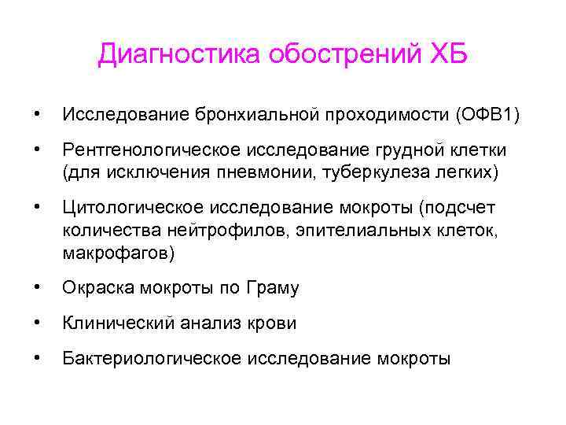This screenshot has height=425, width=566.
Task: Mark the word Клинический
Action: [x=112, y=323]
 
